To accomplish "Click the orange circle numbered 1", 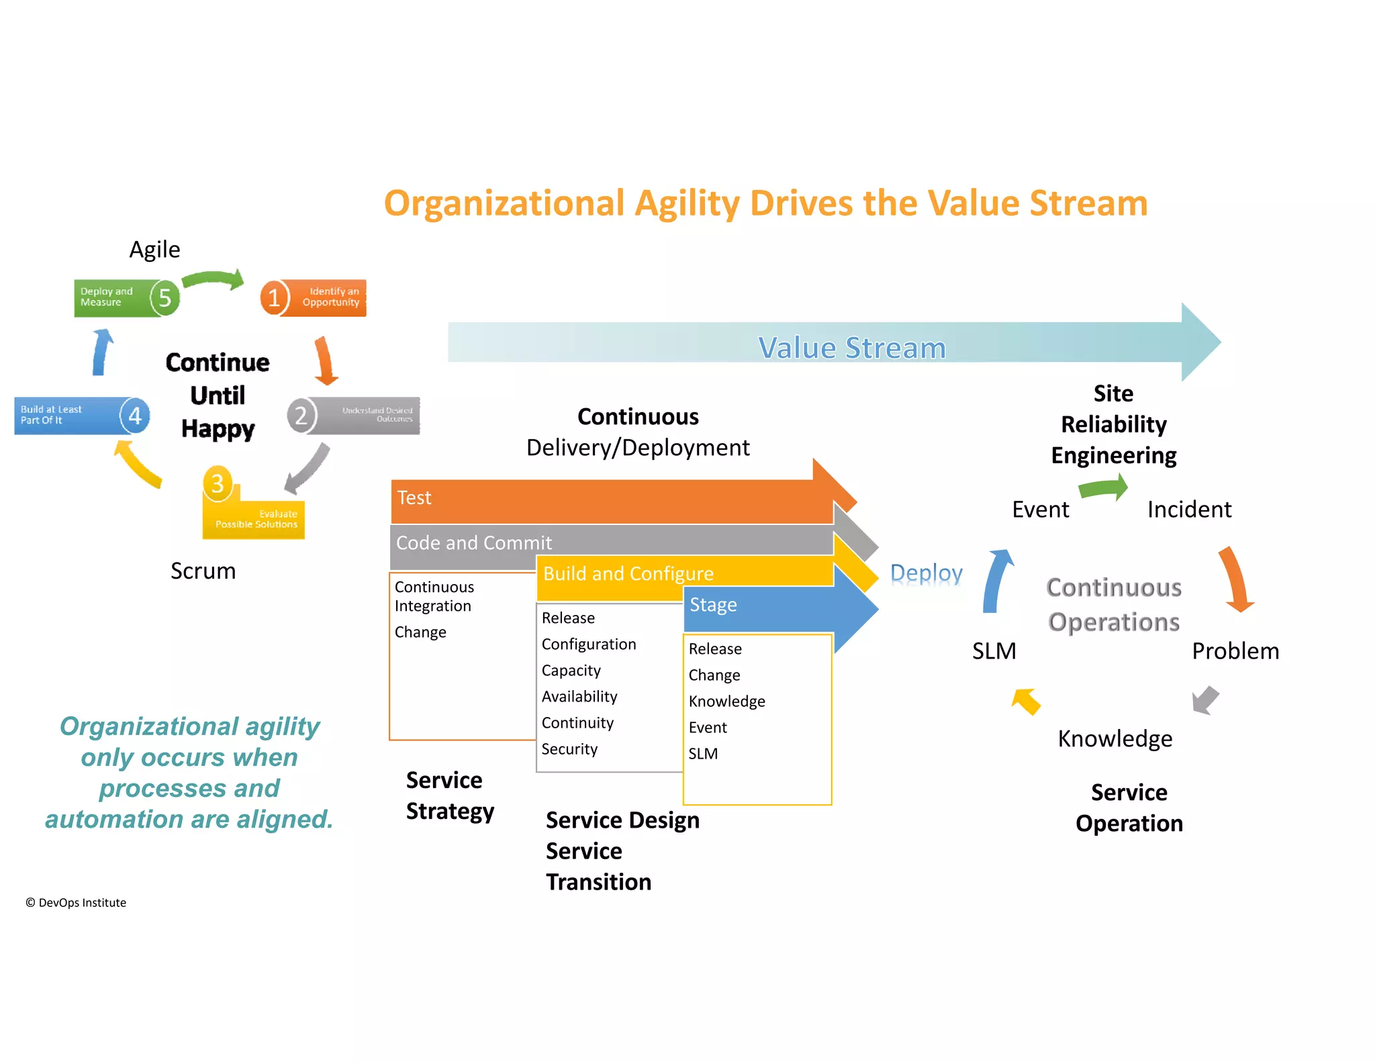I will point(274,297).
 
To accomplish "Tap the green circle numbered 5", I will point(164,297).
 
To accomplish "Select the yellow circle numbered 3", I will point(218,483).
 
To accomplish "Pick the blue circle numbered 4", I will point(135,416).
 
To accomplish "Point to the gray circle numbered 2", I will point(301,416).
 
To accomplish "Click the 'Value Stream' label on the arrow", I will point(851,348).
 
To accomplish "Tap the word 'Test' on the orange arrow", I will point(414,497).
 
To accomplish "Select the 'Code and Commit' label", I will point(473,542).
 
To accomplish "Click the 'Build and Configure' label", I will point(628,573).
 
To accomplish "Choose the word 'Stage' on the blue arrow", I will point(713,605).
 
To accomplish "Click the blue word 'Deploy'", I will point(926,573).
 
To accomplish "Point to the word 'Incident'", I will point(1189,510).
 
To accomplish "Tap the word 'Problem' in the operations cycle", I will point(1235,651).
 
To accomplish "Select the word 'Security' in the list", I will point(569,749).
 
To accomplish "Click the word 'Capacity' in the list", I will point(571,671).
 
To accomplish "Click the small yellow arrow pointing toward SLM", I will point(1026,702).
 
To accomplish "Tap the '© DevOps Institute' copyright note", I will point(76,903).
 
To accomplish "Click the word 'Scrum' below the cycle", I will point(203,571).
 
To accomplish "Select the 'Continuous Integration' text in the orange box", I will point(434,596).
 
